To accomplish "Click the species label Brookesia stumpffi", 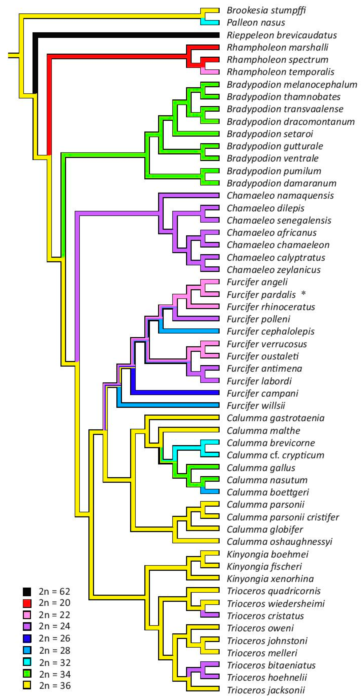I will click(x=266, y=10).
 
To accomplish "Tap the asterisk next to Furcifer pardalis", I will click(x=303, y=293).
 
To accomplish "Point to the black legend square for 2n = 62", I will click(x=27, y=592).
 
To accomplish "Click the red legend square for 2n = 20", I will click(x=27, y=603).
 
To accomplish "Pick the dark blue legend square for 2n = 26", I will click(x=27, y=638).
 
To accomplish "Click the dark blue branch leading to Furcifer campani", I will click(x=176, y=392).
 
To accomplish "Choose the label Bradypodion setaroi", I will click(x=270, y=134).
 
